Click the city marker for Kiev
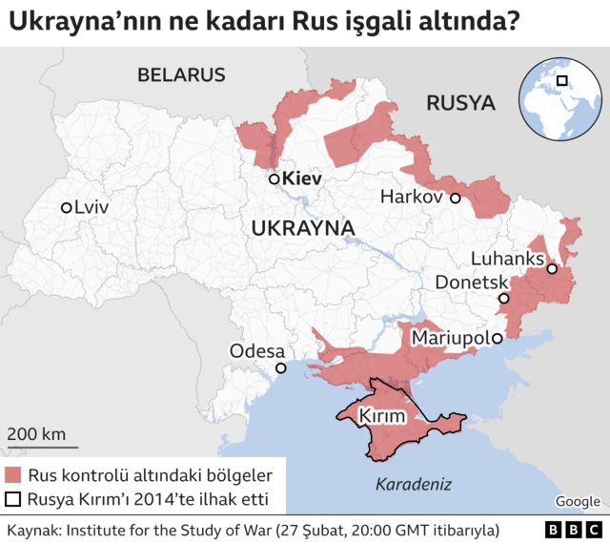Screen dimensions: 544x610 pos(274,178)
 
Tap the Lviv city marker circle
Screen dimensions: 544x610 pos(66,207)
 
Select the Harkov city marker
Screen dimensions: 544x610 pos(456,199)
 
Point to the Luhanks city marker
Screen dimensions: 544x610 pos(552,269)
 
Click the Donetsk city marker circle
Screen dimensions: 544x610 pos(504,298)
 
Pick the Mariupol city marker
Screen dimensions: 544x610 pos(498,338)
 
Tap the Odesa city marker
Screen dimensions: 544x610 pos(280,368)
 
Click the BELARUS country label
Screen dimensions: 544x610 pos(181,75)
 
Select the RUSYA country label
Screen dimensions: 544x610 pos(460,103)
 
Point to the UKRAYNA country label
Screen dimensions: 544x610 pos(303,229)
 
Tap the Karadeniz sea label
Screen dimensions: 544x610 pos(413,483)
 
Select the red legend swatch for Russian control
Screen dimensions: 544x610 pos(13,474)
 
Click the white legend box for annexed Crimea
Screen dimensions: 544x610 pos(13,499)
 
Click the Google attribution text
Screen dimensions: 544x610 pos(578,501)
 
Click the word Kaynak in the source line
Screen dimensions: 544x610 pos(33,529)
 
